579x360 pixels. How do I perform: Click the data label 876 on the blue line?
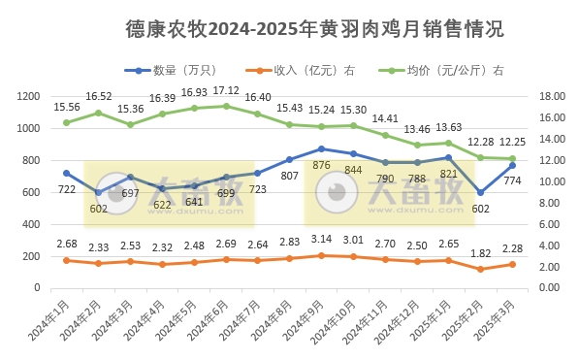click(x=321, y=165)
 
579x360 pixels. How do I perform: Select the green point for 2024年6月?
click(x=226, y=106)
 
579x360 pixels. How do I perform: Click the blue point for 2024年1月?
click(x=66, y=173)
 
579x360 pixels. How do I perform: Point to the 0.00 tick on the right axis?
click(x=548, y=288)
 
